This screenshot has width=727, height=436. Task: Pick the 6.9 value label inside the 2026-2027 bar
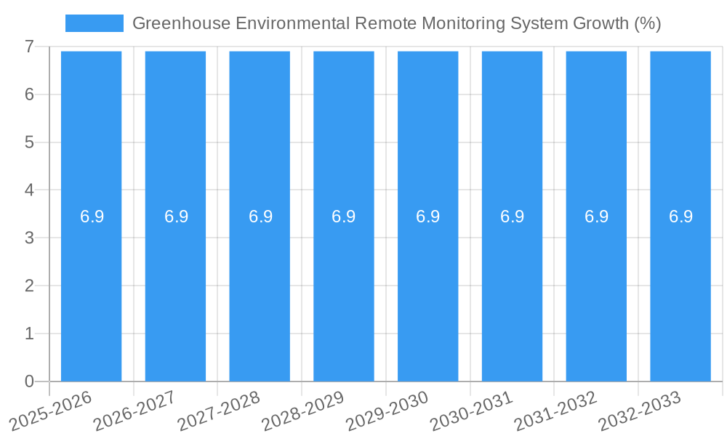(x=176, y=217)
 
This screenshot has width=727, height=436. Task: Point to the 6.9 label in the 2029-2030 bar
(x=427, y=217)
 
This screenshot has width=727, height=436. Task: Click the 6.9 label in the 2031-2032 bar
(x=596, y=217)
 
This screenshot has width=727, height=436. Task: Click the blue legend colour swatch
(x=95, y=23)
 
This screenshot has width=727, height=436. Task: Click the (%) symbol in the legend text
(x=647, y=23)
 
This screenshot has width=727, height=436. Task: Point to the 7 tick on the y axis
(x=29, y=47)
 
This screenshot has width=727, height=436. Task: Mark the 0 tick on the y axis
(x=29, y=381)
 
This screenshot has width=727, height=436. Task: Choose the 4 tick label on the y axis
(x=29, y=190)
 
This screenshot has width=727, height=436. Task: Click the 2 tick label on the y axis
(x=29, y=286)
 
